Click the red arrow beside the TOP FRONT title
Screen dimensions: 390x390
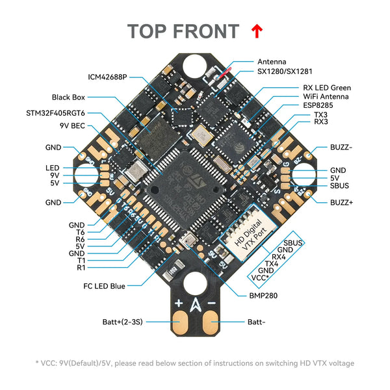[257, 30]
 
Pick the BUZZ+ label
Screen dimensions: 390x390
[343, 202]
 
